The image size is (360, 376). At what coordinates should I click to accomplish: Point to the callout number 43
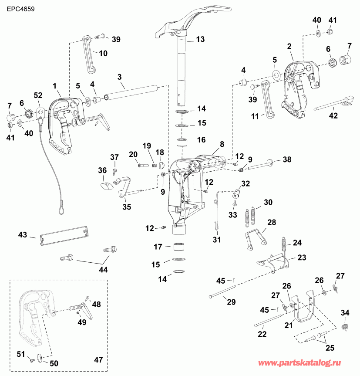(x=23, y=234)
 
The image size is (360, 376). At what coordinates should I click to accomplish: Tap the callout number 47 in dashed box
(x=99, y=359)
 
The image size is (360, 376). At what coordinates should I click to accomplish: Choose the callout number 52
(x=38, y=95)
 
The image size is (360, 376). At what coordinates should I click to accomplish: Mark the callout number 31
(x=217, y=239)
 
